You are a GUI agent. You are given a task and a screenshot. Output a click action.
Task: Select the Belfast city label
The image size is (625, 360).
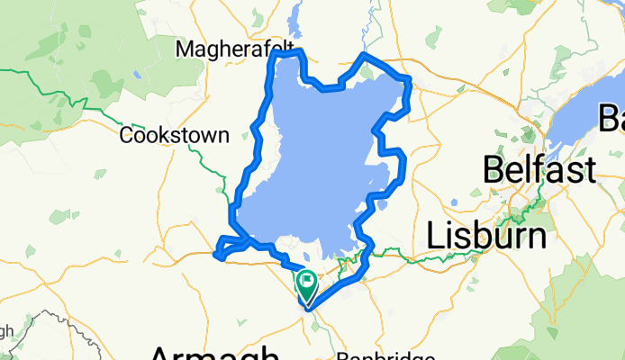click(539, 169)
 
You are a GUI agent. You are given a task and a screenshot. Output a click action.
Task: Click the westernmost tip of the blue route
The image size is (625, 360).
click(215, 256)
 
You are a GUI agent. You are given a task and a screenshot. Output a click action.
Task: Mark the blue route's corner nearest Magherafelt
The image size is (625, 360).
click(275, 56)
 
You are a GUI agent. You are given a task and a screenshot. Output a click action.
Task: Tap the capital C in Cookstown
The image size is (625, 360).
click(127, 135)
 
